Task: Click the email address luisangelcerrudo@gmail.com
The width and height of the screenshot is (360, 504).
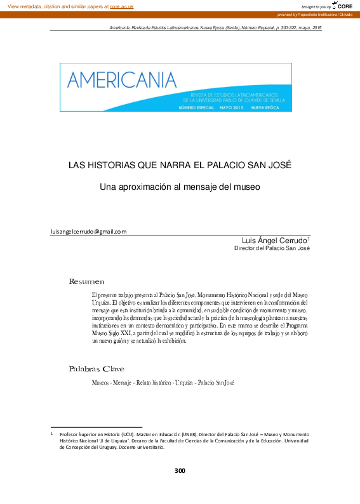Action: coord(89,232)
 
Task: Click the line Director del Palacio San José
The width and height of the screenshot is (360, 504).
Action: coord(272,249)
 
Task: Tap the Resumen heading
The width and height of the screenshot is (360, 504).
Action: coord(86,281)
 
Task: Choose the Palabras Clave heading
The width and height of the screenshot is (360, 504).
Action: coord(96,369)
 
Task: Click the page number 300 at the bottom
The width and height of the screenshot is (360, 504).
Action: coord(180,470)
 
